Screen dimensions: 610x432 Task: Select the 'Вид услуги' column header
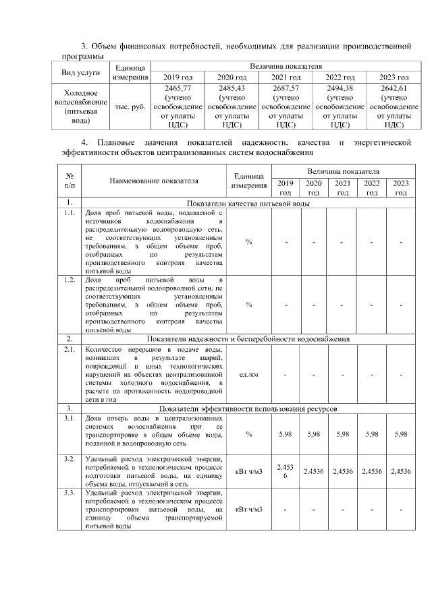(81, 71)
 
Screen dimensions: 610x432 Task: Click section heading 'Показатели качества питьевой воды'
(248, 202)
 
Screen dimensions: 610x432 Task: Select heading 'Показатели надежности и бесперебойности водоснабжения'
(248, 338)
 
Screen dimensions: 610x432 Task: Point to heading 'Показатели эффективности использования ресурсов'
(248, 408)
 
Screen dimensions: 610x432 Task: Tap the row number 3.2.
(70, 458)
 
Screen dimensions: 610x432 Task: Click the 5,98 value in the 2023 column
(401, 434)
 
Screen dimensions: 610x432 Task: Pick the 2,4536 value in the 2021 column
(343, 472)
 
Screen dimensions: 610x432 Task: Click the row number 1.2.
(70, 279)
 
